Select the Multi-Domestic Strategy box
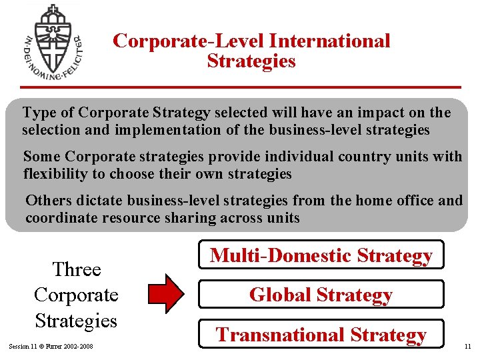(321, 255)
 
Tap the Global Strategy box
(321, 295)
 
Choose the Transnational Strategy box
(321, 335)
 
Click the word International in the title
(329, 41)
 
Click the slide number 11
(467, 347)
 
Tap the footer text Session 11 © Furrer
(51, 347)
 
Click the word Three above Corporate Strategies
(76, 269)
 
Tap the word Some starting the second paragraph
(42, 157)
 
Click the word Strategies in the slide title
(251, 61)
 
